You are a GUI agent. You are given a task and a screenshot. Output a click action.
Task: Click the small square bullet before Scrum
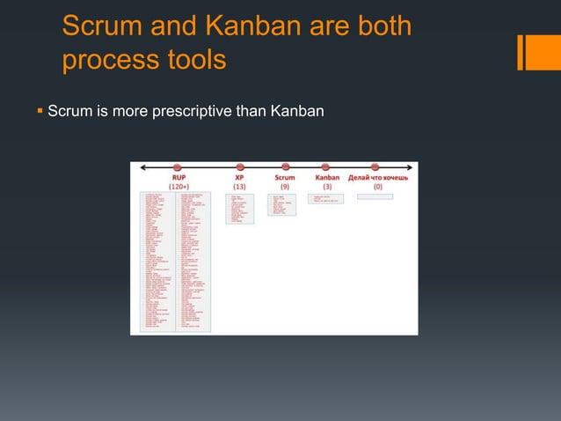(x=40, y=112)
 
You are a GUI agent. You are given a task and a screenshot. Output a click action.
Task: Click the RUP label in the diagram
(x=178, y=176)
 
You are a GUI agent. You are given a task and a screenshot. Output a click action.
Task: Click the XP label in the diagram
(x=239, y=176)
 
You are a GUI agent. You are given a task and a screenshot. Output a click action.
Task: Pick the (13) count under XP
(x=239, y=186)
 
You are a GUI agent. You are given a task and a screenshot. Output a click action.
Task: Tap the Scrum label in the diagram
(x=284, y=176)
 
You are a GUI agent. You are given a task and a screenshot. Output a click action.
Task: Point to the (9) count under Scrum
(x=284, y=186)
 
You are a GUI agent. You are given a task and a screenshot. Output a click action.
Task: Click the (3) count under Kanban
(x=327, y=186)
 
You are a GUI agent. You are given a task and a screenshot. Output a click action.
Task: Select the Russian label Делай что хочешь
(x=377, y=176)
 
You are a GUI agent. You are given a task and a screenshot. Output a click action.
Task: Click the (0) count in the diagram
(x=377, y=186)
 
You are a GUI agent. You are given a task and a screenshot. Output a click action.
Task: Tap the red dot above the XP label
(x=239, y=166)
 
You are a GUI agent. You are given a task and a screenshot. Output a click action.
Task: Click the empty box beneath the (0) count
(x=375, y=196)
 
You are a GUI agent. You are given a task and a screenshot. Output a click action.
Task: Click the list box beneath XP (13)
(x=239, y=208)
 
